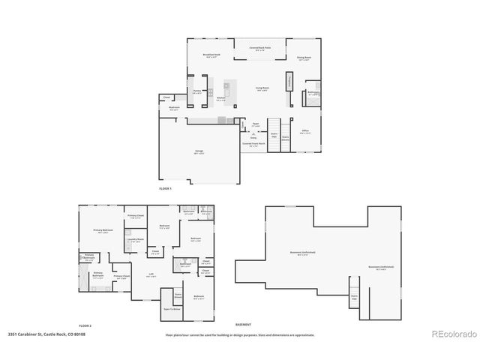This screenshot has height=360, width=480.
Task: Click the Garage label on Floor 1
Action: coord(199,151)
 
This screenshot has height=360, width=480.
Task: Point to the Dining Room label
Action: coord(304,58)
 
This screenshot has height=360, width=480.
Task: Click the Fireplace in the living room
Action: coord(289,81)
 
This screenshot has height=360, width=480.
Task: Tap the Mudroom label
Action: coord(173,108)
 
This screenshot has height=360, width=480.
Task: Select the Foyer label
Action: coord(255,124)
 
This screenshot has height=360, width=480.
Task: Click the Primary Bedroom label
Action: coord(102,231)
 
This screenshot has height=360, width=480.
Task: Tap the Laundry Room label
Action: coord(136,241)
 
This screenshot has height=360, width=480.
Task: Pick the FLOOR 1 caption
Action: coord(165,188)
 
